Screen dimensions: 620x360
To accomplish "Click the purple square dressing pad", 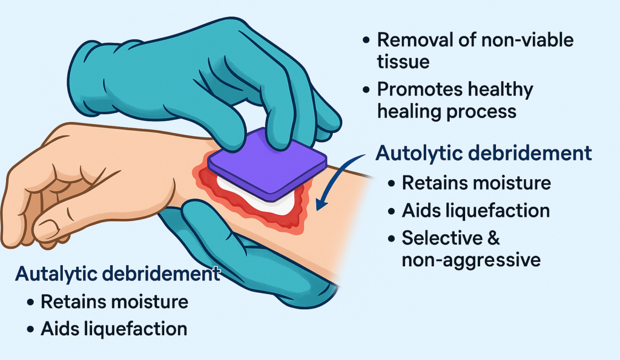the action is pyautogui.click(x=267, y=165).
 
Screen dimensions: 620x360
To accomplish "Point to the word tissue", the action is pyautogui.click(x=403, y=62).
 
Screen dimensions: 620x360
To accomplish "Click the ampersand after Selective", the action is pyautogui.click(x=494, y=238).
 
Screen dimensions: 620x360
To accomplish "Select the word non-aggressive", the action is pyautogui.click(x=471, y=260).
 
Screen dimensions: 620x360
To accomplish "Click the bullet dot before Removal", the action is pyautogui.click(x=366, y=41).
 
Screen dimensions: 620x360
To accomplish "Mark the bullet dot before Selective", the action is pyautogui.click(x=392, y=238).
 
